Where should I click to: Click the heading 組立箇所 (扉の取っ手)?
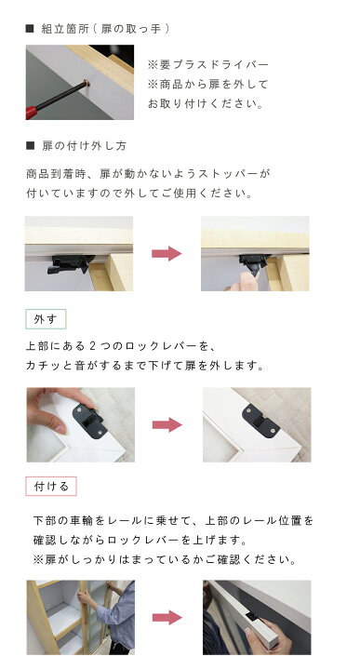click(106, 29)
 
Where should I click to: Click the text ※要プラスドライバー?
click(207, 64)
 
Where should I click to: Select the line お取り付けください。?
click(206, 104)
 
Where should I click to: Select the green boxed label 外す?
click(46, 319)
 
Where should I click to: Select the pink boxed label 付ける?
click(50, 487)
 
